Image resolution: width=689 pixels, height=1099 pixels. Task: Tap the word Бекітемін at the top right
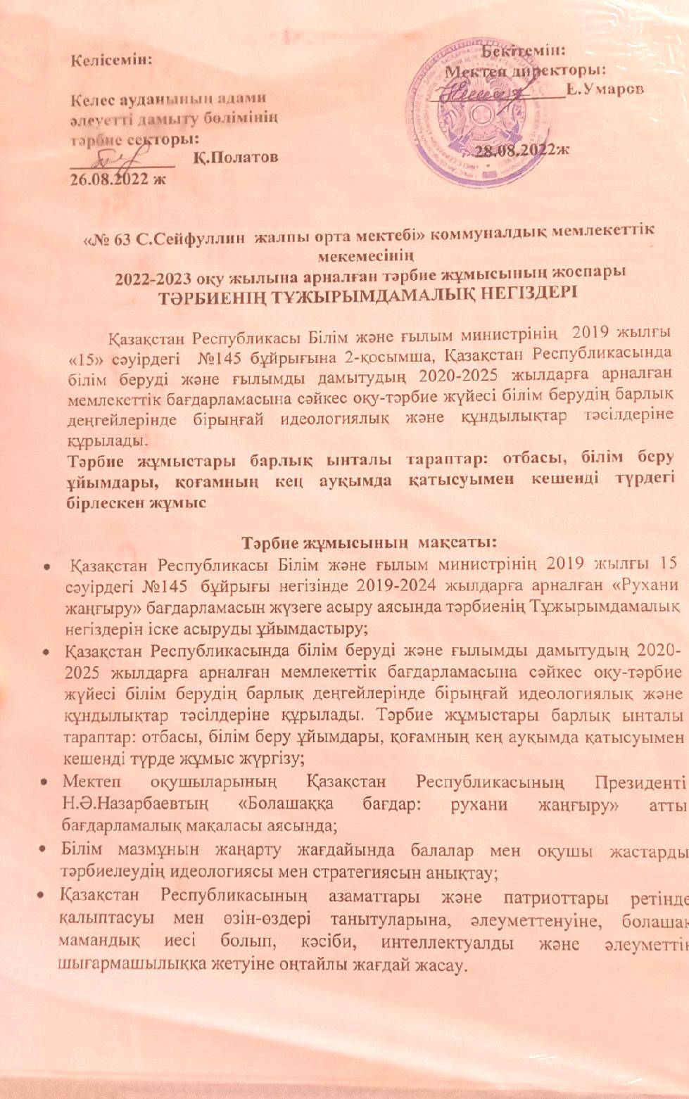point(527,51)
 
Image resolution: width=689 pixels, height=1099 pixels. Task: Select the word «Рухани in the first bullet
point(647,583)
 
